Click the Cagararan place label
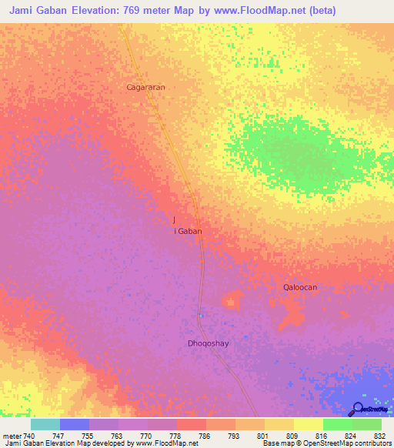146,87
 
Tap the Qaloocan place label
300,287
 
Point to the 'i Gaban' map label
189,230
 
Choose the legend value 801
262,436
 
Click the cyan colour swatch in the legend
45,424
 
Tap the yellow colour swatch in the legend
308,424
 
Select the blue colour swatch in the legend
75,424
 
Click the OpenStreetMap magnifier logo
357,408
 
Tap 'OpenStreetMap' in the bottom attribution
326,443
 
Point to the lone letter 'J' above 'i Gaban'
176,220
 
